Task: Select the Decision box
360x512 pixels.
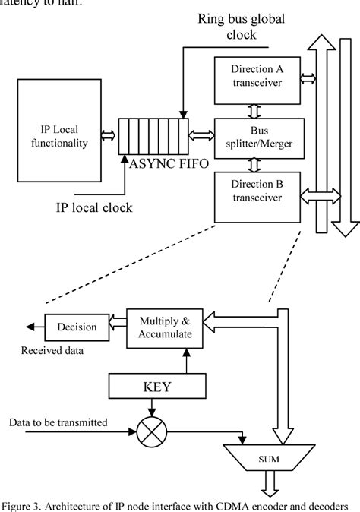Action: click(75, 327)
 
